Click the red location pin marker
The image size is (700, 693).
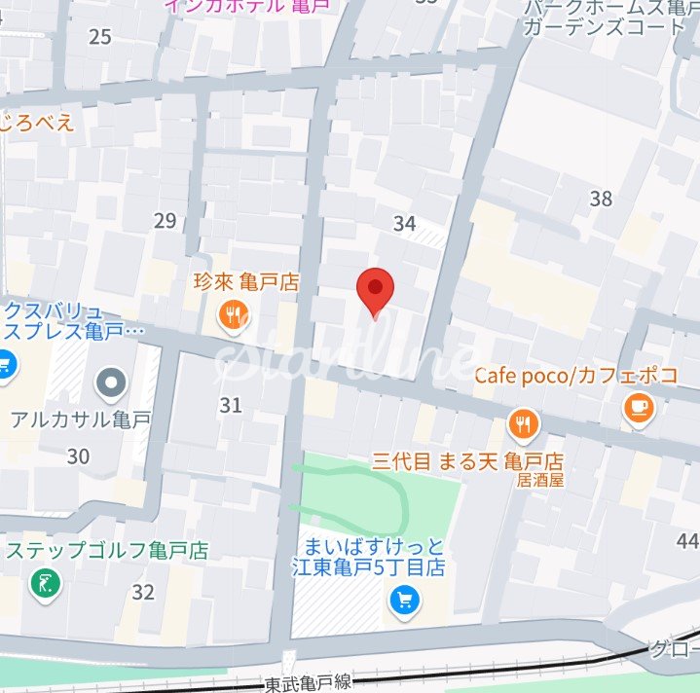(x=375, y=290)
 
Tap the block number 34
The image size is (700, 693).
(x=404, y=224)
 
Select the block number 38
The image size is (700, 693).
(x=601, y=199)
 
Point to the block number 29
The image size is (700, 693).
(x=165, y=221)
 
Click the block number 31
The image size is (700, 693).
(x=231, y=405)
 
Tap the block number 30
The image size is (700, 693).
(x=78, y=456)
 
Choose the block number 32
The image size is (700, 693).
(x=143, y=592)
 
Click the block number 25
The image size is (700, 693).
(x=100, y=38)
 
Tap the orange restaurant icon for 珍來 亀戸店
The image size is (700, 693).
(x=233, y=314)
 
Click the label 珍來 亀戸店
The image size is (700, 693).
(x=244, y=283)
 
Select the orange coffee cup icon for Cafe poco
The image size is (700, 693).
(x=639, y=409)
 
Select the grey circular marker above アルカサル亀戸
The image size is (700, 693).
(x=113, y=383)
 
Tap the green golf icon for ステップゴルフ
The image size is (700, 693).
(x=45, y=585)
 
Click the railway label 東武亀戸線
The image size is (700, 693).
(x=308, y=683)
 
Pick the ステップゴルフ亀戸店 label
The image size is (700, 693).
(x=108, y=551)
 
